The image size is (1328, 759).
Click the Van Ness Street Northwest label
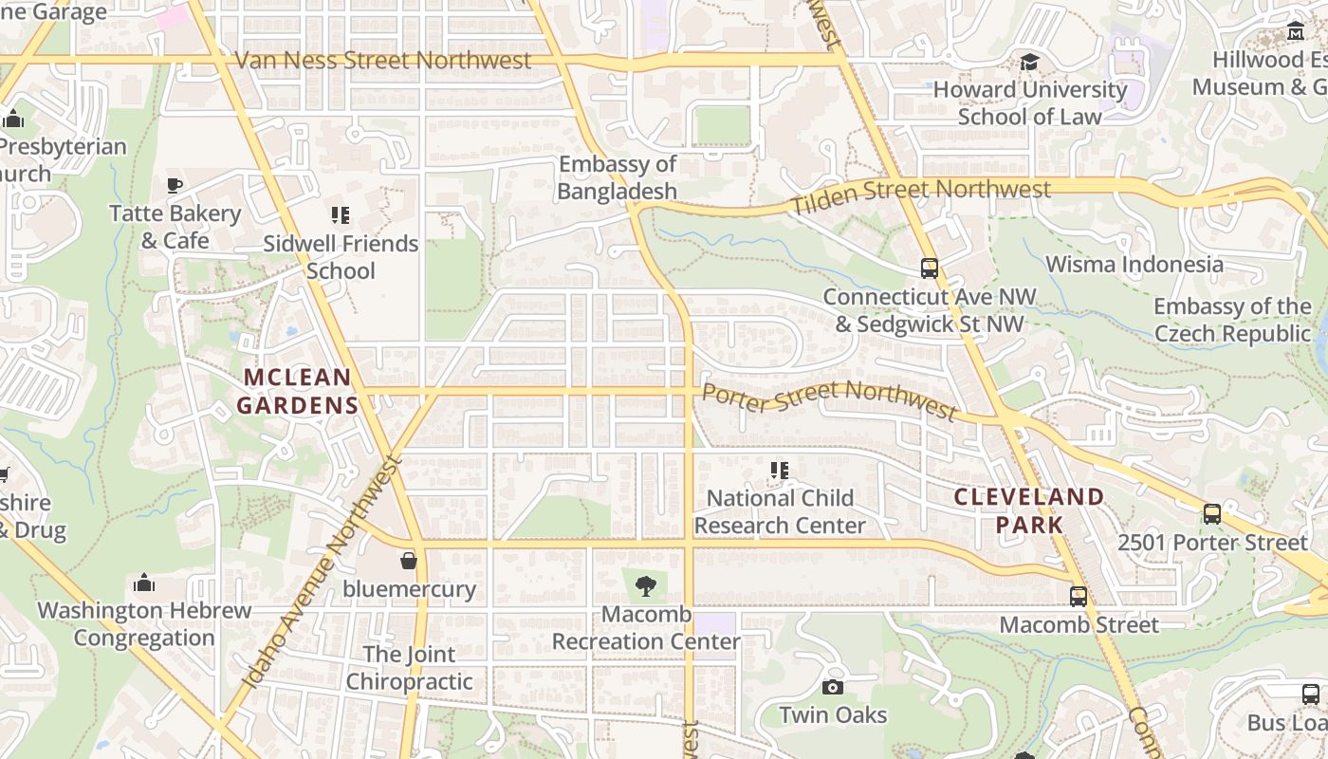tap(382, 61)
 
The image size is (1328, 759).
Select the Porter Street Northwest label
tap(829, 398)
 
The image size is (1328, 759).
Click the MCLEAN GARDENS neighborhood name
tap(298, 391)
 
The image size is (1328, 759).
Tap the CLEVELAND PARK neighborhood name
tap(1029, 509)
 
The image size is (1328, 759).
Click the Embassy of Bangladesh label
tap(617, 177)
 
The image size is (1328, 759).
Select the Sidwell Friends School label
tap(341, 257)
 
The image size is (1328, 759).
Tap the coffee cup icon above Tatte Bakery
tap(175, 185)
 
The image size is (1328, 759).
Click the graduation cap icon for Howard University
tap(1029, 63)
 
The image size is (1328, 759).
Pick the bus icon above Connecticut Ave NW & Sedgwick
tap(929, 268)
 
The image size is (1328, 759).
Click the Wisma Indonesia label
tap(1134, 264)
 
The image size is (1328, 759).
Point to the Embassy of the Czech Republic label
tap(1232, 320)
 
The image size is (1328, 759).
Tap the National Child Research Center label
tap(780, 511)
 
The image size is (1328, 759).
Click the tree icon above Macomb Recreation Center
tap(646, 585)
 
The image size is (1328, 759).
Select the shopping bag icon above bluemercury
tap(409, 561)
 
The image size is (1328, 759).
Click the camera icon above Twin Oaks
tap(833, 687)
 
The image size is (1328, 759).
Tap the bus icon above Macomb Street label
tap(1079, 597)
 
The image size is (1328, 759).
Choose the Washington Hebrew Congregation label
tap(144, 623)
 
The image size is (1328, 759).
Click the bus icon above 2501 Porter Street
tap(1211, 514)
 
